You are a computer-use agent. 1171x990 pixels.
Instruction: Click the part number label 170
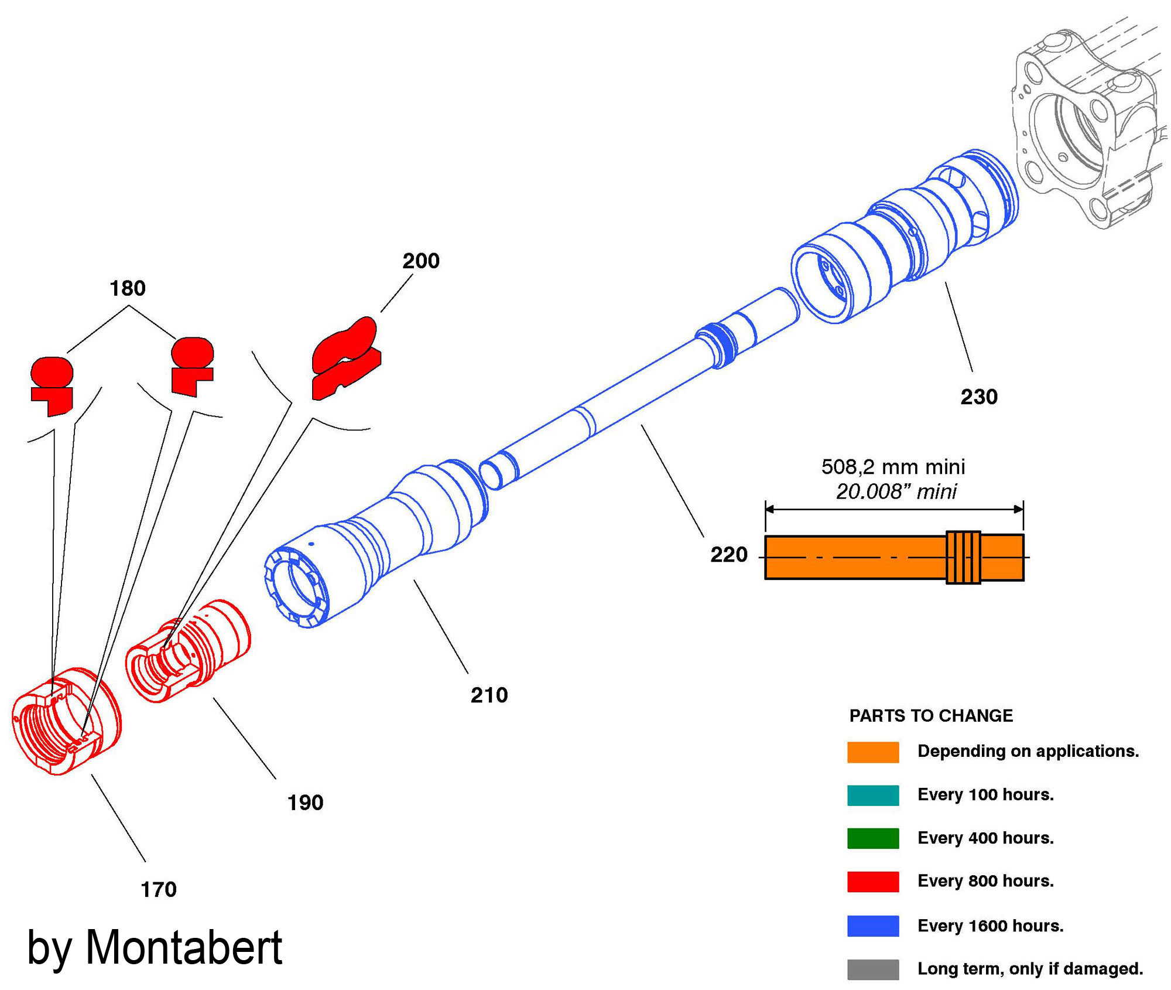[x=158, y=889]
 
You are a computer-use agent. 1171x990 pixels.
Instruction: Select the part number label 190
[x=305, y=803]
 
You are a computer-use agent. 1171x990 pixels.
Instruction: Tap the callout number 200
[x=420, y=261]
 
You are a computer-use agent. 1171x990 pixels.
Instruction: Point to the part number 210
[x=489, y=695]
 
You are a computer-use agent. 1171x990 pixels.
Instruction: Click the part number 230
[x=978, y=397]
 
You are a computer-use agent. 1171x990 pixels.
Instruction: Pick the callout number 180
[x=128, y=288]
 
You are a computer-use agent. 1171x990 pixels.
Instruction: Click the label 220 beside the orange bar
[x=728, y=554]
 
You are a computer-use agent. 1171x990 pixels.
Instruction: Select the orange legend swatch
[x=872, y=752]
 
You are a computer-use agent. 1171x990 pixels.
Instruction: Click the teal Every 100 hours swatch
[x=872, y=796]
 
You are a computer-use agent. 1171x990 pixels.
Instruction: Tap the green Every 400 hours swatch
[x=872, y=838]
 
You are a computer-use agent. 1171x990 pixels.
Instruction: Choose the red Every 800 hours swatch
[x=872, y=882]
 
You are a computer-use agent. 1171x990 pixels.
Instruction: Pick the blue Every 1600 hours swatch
[x=872, y=926]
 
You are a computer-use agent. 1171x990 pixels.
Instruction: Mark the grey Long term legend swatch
[x=872, y=969]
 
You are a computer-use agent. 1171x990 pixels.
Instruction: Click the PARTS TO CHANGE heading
[x=930, y=716]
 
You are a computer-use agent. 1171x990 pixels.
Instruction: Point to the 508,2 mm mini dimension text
[x=892, y=467]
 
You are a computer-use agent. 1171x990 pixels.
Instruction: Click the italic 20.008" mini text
[x=895, y=491]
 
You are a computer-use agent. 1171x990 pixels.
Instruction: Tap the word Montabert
[x=184, y=948]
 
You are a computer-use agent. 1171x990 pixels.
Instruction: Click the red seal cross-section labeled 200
[x=345, y=357]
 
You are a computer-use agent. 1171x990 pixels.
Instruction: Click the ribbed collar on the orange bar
[x=963, y=557]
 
